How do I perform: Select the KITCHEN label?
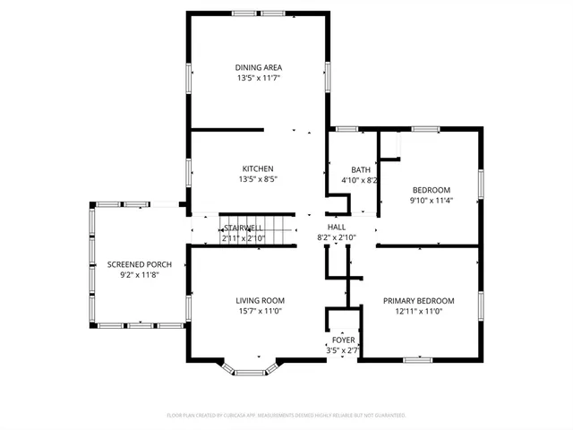(257, 168)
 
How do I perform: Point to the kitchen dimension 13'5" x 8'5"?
(257, 180)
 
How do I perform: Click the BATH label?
(360, 169)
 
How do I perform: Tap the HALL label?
(336, 228)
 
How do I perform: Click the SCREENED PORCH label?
(139, 264)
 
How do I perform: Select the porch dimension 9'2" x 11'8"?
(139, 276)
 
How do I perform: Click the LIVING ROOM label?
(260, 300)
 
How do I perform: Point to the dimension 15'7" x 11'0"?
(260, 312)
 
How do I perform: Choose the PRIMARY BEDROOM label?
(418, 300)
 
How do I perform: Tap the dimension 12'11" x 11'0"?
(418, 312)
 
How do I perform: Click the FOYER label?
(343, 340)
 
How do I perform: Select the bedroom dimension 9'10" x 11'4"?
(431, 201)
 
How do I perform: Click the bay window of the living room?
(252, 370)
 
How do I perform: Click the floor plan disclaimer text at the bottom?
(286, 416)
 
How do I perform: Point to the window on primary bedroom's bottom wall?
(417, 359)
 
